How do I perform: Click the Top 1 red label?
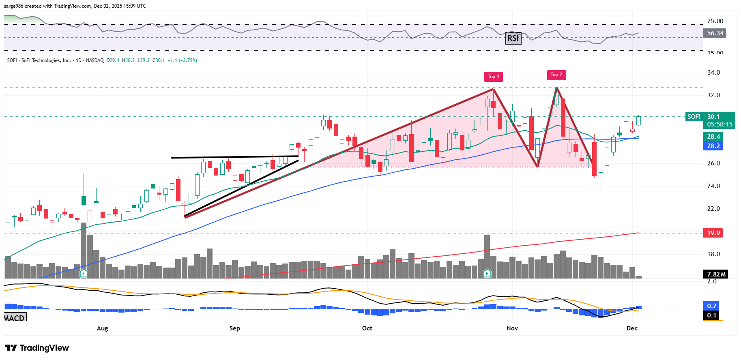[x=493, y=77]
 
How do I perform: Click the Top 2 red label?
[x=556, y=75]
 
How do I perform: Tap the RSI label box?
[x=513, y=38]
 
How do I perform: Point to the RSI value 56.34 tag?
[x=715, y=33]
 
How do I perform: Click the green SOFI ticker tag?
[x=694, y=117]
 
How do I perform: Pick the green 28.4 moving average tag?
[x=713, y=137]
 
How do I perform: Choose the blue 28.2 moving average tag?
[x=713, y=146]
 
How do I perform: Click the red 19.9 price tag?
[x=713, y=233]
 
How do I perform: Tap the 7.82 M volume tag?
[x=716, y=274]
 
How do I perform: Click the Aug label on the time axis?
[x=102, y=328]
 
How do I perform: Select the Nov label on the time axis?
[x=512, y=328]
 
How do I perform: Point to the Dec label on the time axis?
[x=632, y=328]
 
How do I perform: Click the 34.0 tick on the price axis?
[x=713, y=73]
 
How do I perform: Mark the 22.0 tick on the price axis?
[x=713, y=209]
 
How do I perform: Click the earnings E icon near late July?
[x=84, y=273]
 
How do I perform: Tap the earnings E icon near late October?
[x=487, y=273]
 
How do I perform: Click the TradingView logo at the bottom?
[x=37, y=348]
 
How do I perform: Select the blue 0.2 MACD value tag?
[x=712, y=306]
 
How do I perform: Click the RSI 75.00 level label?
[x=715, y=21]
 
